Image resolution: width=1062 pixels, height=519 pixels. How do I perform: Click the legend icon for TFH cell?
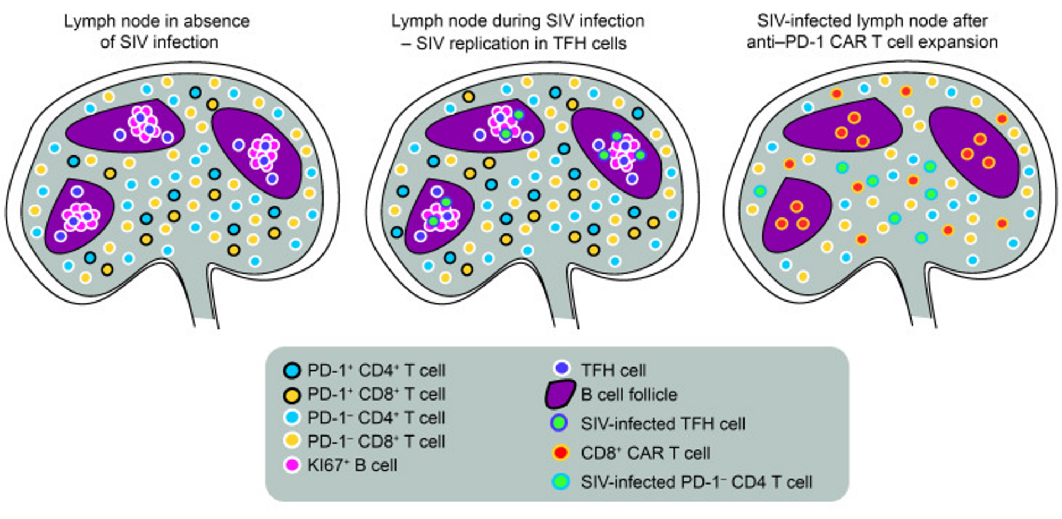pyautogui.click(x=562, y=369)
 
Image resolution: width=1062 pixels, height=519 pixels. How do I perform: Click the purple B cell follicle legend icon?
pyautogui.click(x=561, y=395)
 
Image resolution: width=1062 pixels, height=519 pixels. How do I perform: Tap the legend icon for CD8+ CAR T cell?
pyautogui.click(x=561, y=453)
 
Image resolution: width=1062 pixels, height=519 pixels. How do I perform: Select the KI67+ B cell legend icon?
pyautogui.click(x=291, y=465)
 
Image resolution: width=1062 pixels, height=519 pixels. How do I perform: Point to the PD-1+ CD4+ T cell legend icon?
pyautogui.click(x=291, y=370)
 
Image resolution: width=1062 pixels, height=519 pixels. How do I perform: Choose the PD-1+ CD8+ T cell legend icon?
pyautogui.click(x=291, y=395)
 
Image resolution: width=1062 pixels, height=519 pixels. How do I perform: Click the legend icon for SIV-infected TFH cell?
pyautogui.click(x=561, y=423)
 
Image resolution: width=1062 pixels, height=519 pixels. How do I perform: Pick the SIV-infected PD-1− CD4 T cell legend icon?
pyautogui.click(x=561, y=481)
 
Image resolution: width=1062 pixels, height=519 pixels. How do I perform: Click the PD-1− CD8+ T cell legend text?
pyautogui.click(x=376, y=442)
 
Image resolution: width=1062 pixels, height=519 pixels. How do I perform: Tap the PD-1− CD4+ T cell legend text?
pyautogui.click(x=376, y=418)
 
